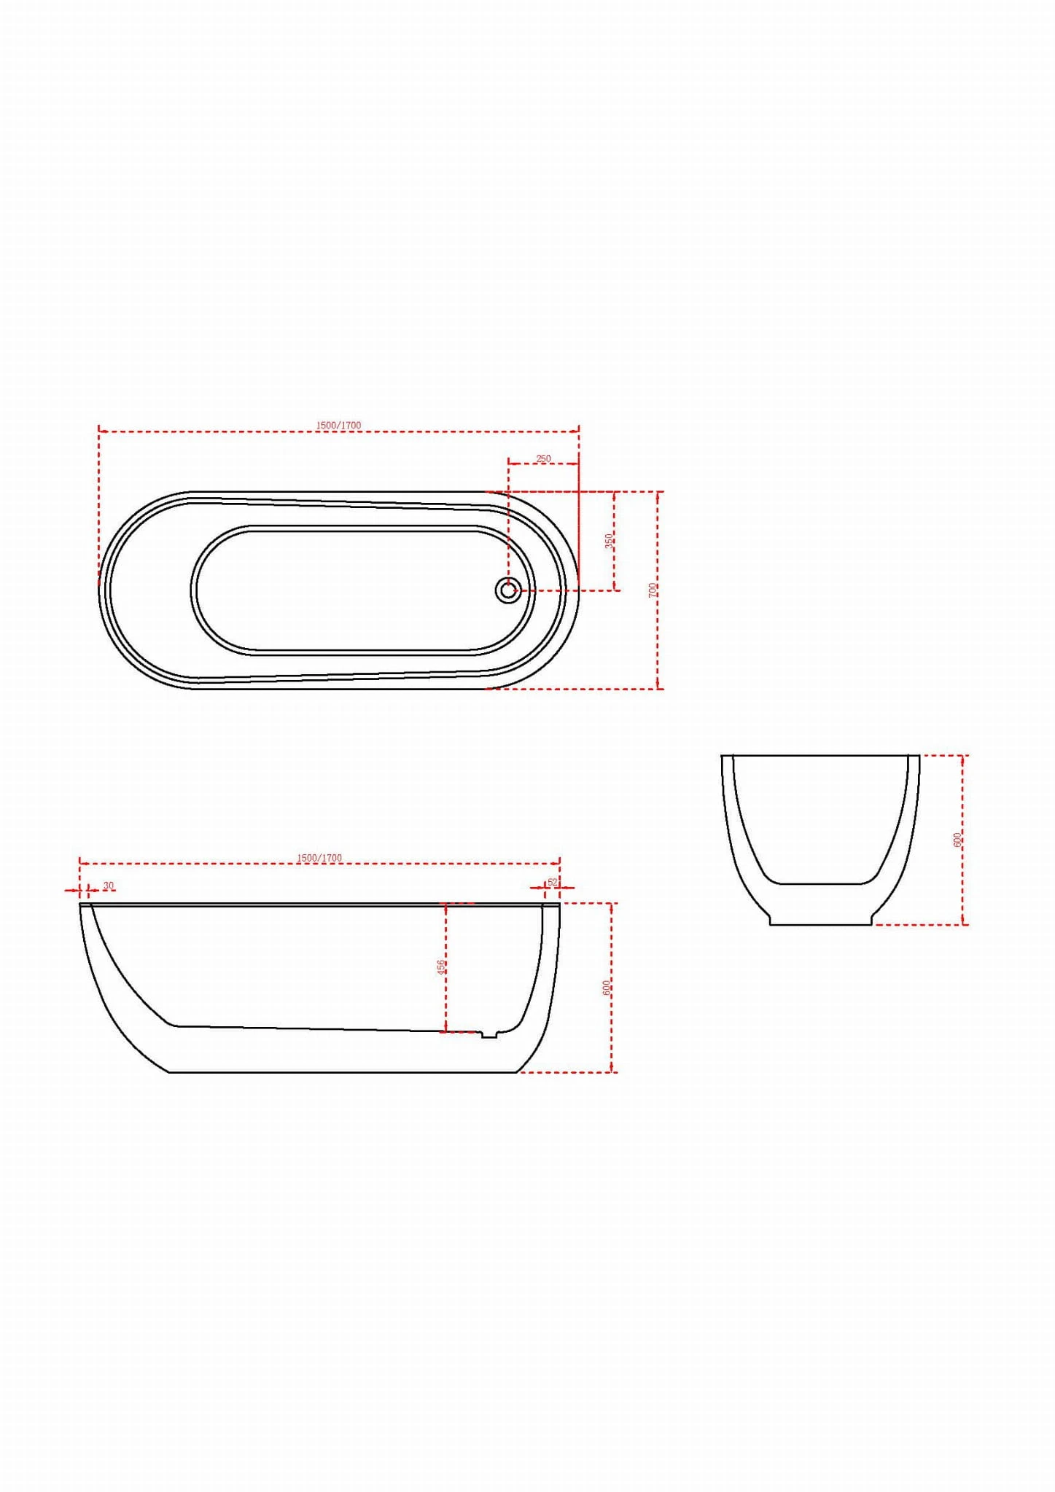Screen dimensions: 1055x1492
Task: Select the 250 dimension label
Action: (544, 458)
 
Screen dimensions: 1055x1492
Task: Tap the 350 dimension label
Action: (609, 542)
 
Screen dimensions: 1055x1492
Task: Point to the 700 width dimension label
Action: (653, 590)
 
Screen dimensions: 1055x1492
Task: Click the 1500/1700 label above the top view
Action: (338, 425)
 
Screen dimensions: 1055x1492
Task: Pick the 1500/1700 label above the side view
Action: (319, 858)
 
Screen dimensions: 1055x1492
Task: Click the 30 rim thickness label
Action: (109, 886)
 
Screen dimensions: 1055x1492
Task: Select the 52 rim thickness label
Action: (552, 882)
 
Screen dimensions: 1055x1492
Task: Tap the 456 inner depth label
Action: (440, 967)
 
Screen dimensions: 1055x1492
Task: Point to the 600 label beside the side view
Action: (606, 988)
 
